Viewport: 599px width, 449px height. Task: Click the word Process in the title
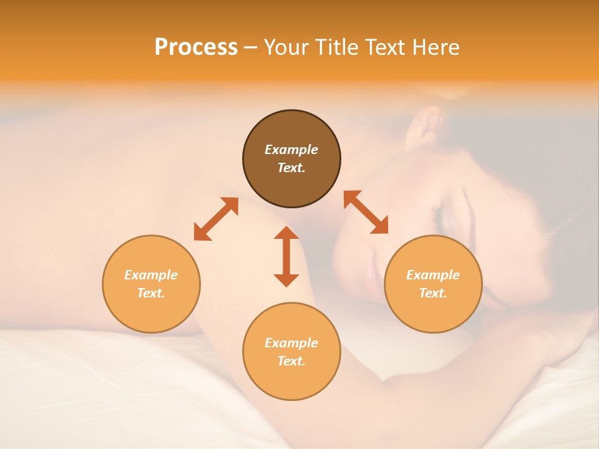(x=196, y=47)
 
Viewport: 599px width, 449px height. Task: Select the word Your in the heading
(x=285, y=47)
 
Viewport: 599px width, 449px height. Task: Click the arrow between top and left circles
(x=216, y=219)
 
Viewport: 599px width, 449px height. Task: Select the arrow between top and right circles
(x=366, y=212)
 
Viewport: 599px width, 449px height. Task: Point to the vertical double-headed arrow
(x=286, y=256)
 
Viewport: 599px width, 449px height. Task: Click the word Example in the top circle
(x=291, y=150)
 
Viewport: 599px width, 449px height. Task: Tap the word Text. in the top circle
(x=291, y=168)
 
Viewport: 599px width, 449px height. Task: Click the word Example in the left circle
(x=151, y=275)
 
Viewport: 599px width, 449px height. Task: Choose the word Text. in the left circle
(x=151, y=293)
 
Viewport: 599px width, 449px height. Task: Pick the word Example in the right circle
(x=433, y=275)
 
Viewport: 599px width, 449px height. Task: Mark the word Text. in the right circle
(x=433, y=293)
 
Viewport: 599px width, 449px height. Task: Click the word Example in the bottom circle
(x=291, y=343)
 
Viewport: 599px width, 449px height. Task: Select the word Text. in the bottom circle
(x=291, y=361)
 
